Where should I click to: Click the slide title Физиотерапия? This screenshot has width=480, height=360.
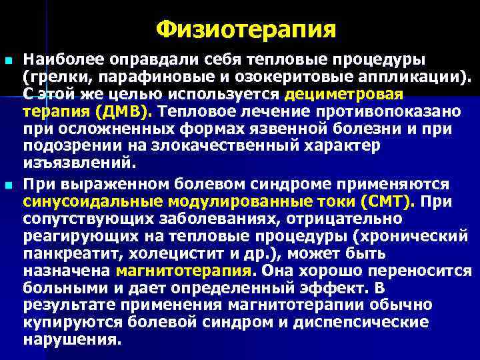click(x=246, y=29)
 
